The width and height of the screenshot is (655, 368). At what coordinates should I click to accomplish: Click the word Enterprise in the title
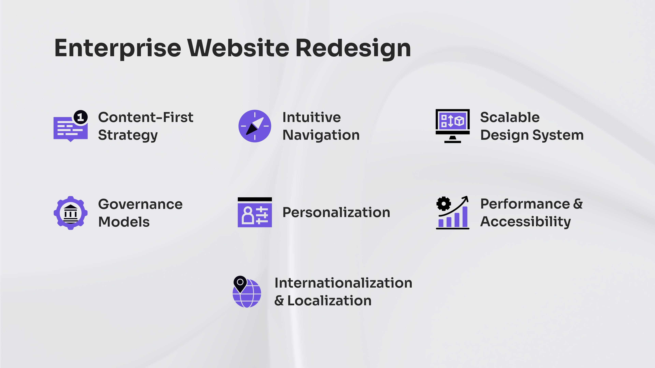(118, 48)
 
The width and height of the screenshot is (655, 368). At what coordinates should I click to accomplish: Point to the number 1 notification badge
(81, 117)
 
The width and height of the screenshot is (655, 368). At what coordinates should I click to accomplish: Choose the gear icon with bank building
(71, 213)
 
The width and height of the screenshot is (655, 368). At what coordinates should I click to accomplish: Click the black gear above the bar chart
(443, 203)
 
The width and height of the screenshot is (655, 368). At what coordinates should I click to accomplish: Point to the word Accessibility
(525, 221)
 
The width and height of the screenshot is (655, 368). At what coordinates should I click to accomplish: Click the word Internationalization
(343, 283)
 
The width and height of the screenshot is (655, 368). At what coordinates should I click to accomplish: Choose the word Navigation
(321, 135)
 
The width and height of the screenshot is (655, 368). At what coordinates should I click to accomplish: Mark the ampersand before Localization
(279, 301)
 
